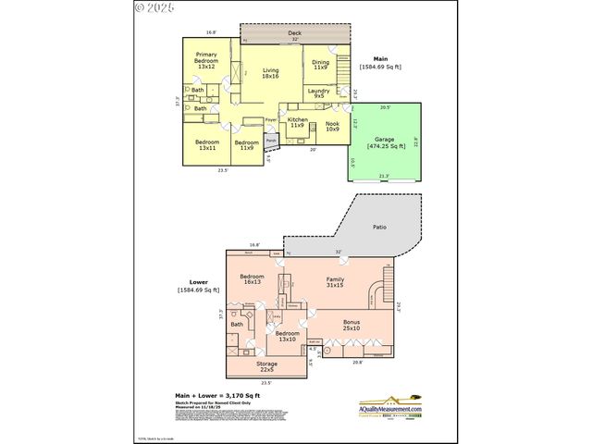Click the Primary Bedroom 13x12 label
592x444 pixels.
(205, 60)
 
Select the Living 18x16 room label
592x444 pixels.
(270, 74)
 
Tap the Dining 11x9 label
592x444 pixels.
(321, 65)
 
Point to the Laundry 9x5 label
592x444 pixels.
(318, 92)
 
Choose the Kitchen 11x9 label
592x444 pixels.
(297, 122)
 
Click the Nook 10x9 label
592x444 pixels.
(331, 127)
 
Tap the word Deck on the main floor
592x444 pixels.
(295, 31)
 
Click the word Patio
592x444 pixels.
(379, 224)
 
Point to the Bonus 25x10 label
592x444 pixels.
(351, 325)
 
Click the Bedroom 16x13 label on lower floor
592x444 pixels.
(253, 279)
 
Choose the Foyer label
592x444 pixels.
(271, 120)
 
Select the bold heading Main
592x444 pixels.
(379, 57)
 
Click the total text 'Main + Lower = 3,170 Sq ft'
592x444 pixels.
(222, 395)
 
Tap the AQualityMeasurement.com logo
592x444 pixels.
(389, 406)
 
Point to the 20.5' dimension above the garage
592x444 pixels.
(385, 106)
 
